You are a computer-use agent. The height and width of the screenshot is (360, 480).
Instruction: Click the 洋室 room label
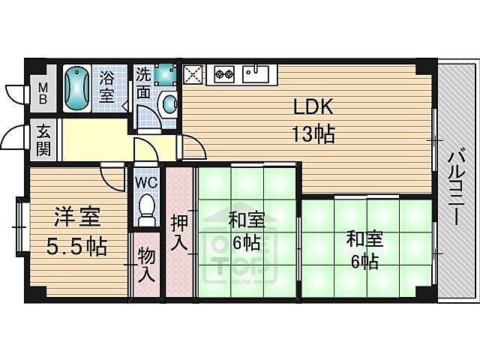(x=76, y=218)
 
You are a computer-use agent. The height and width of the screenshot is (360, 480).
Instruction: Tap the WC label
(x=145, y=181)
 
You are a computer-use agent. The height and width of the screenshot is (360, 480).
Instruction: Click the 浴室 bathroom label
(x=107, y=86)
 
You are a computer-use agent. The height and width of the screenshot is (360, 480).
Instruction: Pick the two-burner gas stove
(x=224, y=73)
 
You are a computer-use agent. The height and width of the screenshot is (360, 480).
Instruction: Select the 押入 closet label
(x=179, y=232)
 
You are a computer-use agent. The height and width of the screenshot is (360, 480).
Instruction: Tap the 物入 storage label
(x=146, y=266)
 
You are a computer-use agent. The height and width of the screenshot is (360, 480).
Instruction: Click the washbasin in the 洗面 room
(x=169, y=103)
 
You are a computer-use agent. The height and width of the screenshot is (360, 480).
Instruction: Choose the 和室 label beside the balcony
(x=364, y=250)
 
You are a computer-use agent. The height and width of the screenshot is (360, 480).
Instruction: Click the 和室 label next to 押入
(x=246, y=231)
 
